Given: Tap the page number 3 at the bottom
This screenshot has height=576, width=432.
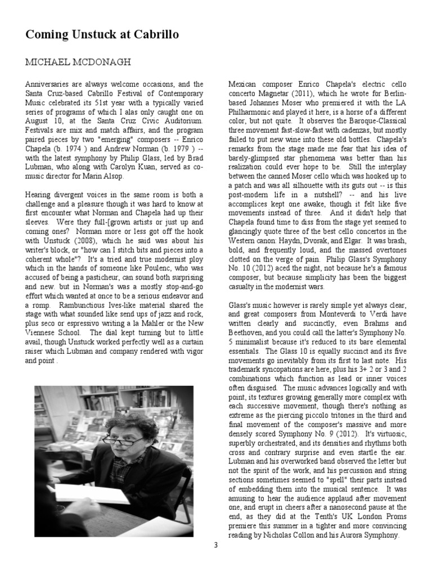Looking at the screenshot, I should (215, 545).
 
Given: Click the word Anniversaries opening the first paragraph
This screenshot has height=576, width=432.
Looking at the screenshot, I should (48, 84).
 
